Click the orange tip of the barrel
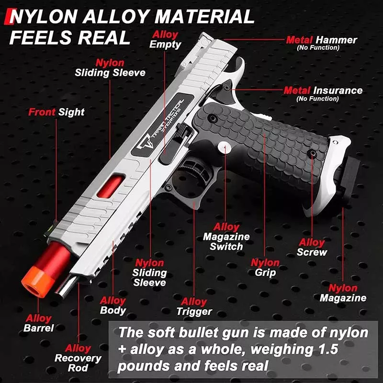(37, 282)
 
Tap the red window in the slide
(111, 186)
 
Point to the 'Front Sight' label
(56, 112)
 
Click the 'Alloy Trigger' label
(194, 306)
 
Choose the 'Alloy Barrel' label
(39, 323)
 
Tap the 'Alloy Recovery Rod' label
(78, 358)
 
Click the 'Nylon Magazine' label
(343, 293)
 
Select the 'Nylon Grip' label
(265, 268)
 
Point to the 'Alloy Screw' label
(312, 247)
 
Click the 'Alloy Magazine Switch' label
(226, 237)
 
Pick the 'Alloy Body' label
(113, 305)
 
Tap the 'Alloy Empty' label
(165, 40)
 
